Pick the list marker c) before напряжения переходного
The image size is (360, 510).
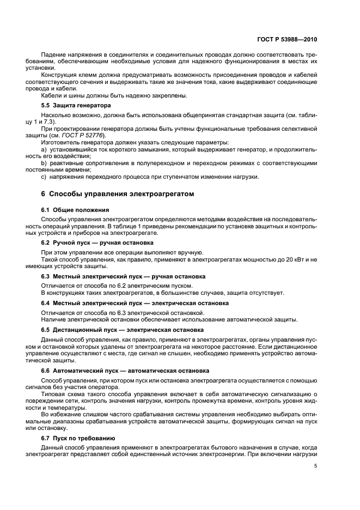click(44, 177)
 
